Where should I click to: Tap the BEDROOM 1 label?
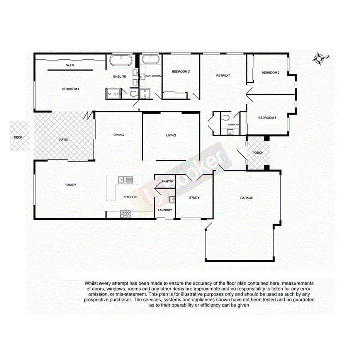(x=70, y=89)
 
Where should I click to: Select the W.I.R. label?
(x=70, y=66)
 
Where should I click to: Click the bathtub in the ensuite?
(x=121, y=61)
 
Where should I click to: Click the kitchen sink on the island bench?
(x=125, y=179)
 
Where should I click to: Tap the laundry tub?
(x=172, y=199)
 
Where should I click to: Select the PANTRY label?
(x=168, y=182)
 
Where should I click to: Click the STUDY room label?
(x=194, y=198)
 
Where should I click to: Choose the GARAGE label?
(x=246, y=198)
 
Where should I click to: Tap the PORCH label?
(x=258, y=153)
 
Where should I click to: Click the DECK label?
(x=18, y=137)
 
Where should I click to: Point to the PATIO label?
(x=64, y=139)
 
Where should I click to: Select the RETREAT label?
(x=223, y=76)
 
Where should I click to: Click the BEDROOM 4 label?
(x=267, y=118)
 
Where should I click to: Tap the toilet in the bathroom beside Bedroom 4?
(x=226, y=117)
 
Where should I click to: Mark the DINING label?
(x=119, y=135)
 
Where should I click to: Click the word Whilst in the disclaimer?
(x=93, y=284)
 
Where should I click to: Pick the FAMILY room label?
(x=70, y=185)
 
